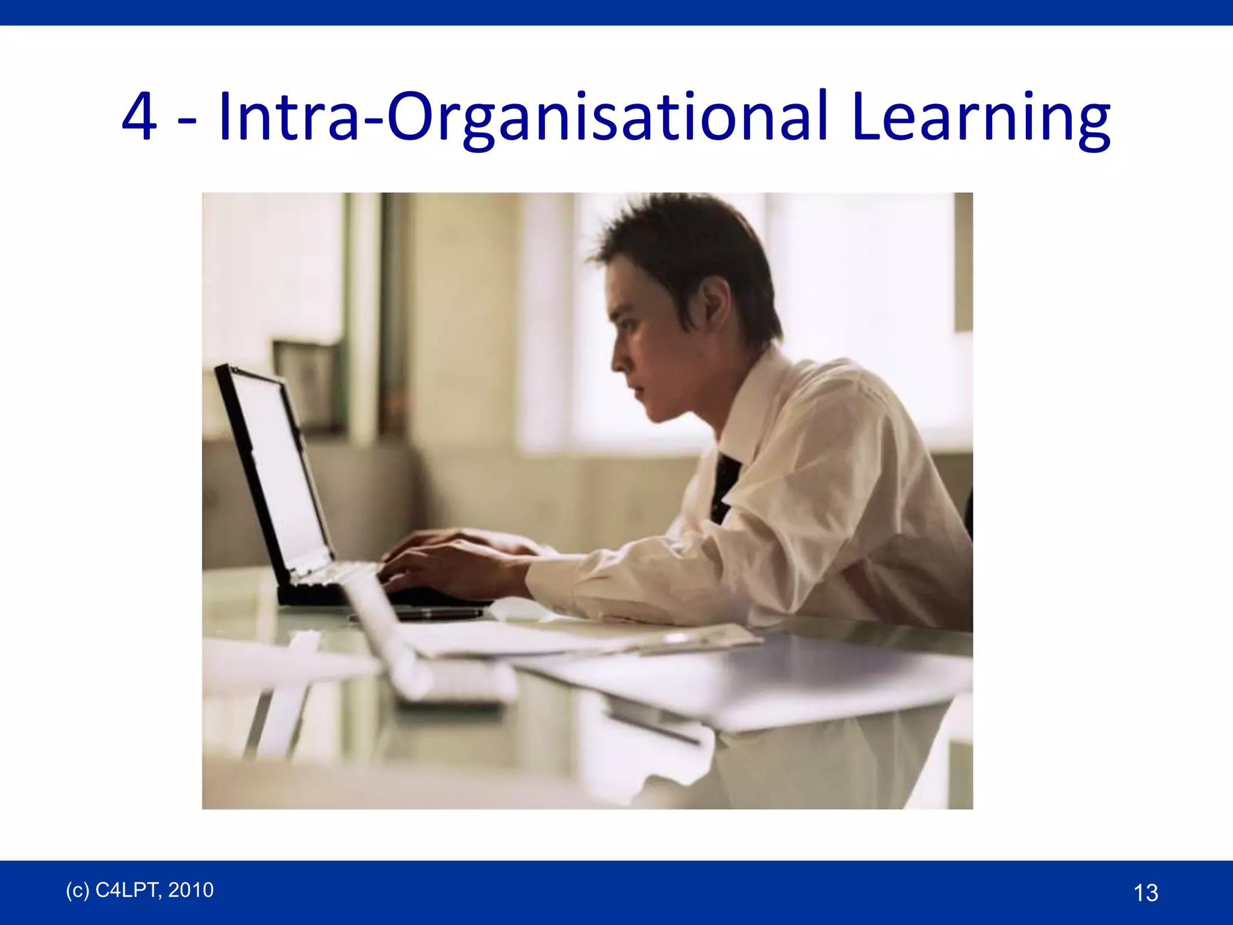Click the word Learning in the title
click(x=981, y=117)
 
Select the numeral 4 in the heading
click(x=139, y=117)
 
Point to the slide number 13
click(x=1145, y=892)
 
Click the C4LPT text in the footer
click(x=126, y=890)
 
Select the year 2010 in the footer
click(x=191, y=890)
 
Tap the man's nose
click(x=616, y=360)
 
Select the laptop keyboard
click(x=337, y=572)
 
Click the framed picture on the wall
click(x=307, y=385)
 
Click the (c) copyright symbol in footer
click(x=77, y=890)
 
